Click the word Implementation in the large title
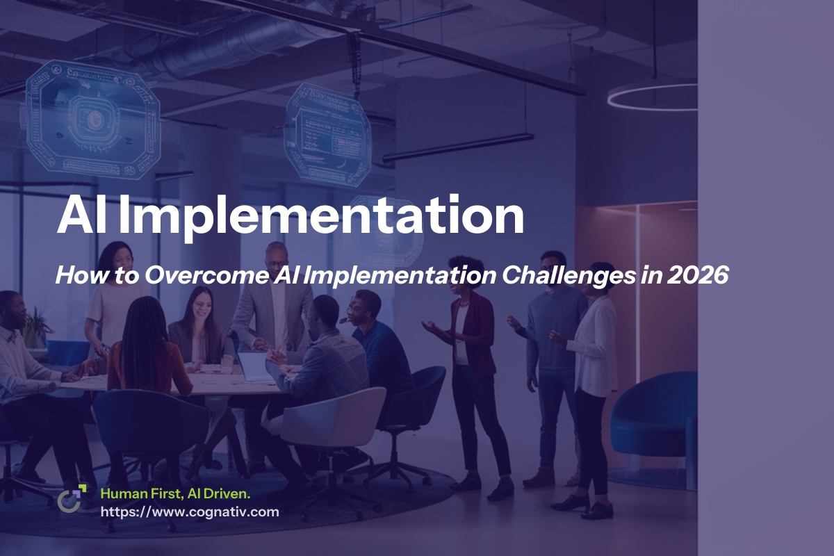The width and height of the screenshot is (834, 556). coord(321,217)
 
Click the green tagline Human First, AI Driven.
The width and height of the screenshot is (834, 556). coord(175,493)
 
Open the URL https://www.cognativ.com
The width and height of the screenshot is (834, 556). coord(190,512)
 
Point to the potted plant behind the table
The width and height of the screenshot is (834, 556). coord(36,327)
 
